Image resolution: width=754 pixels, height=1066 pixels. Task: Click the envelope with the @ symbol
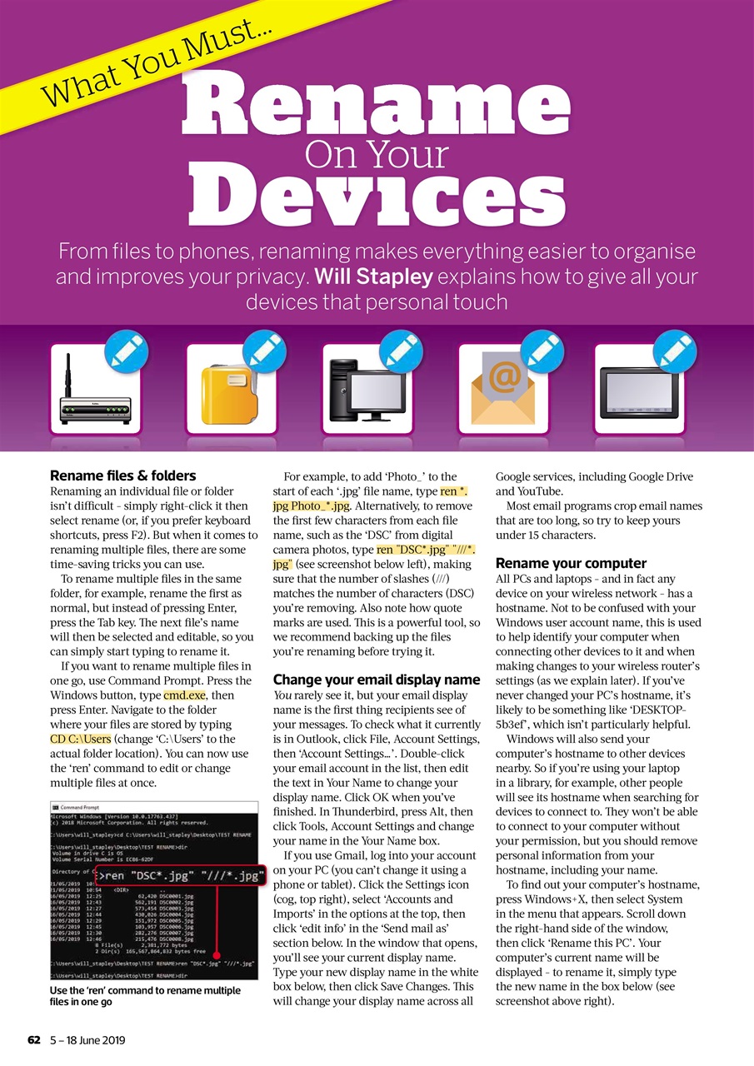[502, 391]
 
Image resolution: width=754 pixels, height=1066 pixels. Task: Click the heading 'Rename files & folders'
[123, 476]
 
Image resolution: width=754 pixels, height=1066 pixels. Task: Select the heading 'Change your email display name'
[377, 680]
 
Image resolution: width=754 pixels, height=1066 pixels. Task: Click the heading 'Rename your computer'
[571, 563]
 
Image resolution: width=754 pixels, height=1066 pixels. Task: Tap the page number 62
[34, 1040]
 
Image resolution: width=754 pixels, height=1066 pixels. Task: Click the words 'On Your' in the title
[377, 154]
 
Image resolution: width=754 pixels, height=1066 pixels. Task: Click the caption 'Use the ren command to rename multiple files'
[146, 997]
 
